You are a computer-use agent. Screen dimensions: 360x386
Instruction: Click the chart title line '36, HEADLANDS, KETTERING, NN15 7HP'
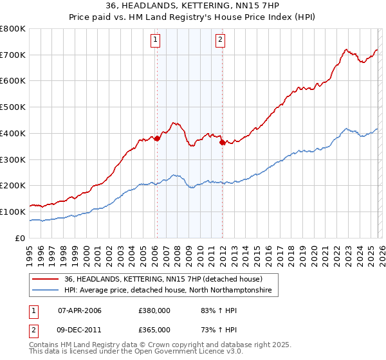[193, 6]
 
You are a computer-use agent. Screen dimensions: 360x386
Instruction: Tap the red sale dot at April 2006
[157, 138]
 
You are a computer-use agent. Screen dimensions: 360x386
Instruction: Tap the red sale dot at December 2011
[222, 142]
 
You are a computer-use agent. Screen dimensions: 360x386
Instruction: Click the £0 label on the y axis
[19, 238]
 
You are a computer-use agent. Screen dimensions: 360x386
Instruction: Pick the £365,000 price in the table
[154, 329]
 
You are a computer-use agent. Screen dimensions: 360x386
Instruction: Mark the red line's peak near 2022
[346, 49]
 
